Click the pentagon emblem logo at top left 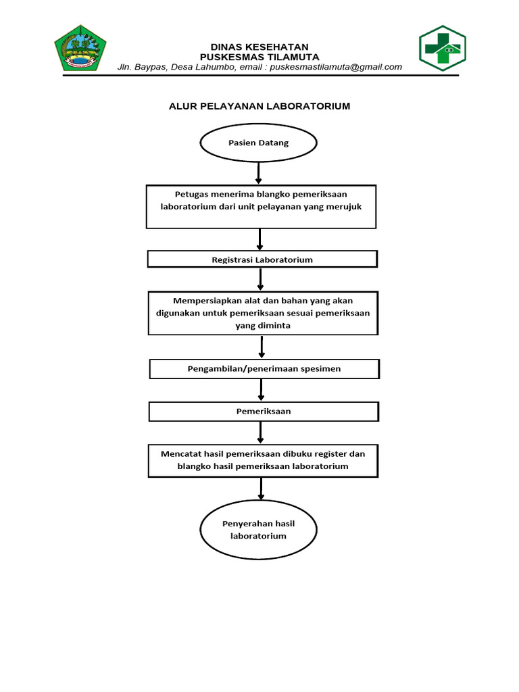point(80,48)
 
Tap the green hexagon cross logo point(443,49)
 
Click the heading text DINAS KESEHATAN point(259,46)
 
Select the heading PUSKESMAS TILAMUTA point(259,57)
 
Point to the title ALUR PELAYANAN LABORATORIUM point(259,107)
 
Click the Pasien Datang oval point(257,143)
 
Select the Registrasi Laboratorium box point(262,259)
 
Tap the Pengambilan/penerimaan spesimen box point(264,368)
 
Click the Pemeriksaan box point(264,411)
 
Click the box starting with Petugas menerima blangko point(261,207)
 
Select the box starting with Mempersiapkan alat point(262,312)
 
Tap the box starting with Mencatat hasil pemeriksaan point(262,460)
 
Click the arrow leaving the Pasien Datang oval point(258,173)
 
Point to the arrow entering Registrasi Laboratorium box point(260,239)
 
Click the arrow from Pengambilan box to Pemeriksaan point(262,390)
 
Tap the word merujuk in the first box point(345,207)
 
